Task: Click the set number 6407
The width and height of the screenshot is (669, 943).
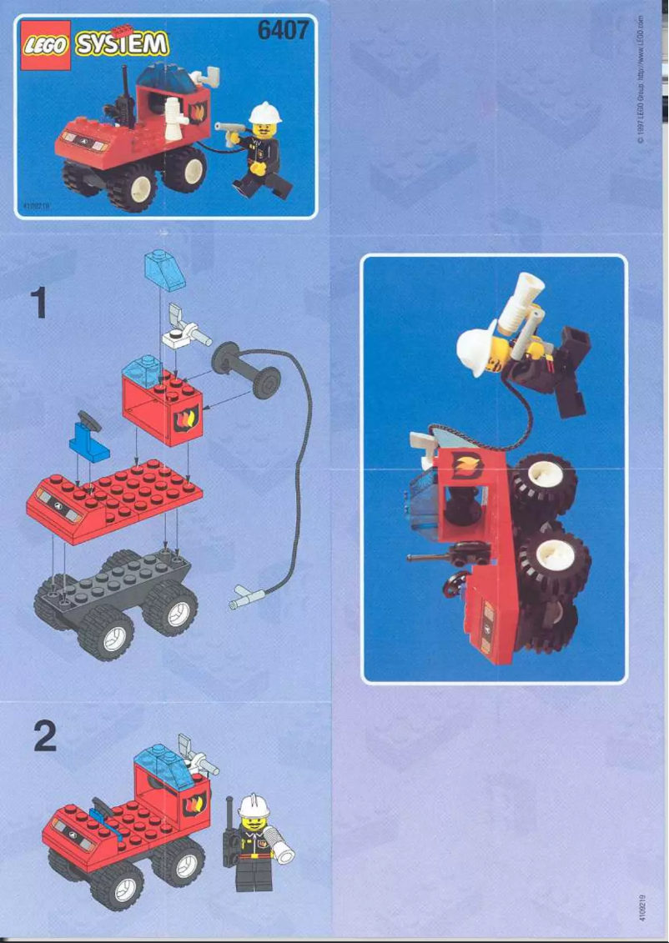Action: (x=284, y=32)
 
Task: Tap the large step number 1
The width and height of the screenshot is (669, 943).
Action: (x=38, y=302)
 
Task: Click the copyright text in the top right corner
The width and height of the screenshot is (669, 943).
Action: (x=640, y=79)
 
